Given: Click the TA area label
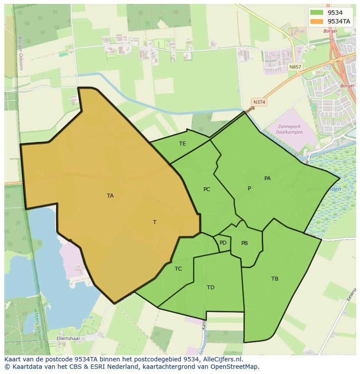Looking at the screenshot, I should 110,196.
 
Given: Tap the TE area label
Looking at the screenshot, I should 183,144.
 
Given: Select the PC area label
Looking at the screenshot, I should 207,189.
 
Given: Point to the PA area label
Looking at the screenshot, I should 267,179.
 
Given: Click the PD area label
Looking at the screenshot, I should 223,243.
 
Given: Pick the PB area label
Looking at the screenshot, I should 244,243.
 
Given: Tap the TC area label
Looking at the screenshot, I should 178,269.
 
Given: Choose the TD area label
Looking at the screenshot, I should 210,288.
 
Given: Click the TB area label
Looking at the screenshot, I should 275,279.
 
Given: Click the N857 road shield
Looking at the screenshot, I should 295,67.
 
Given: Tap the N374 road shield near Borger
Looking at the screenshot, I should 259,102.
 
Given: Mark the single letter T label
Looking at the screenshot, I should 155,222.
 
